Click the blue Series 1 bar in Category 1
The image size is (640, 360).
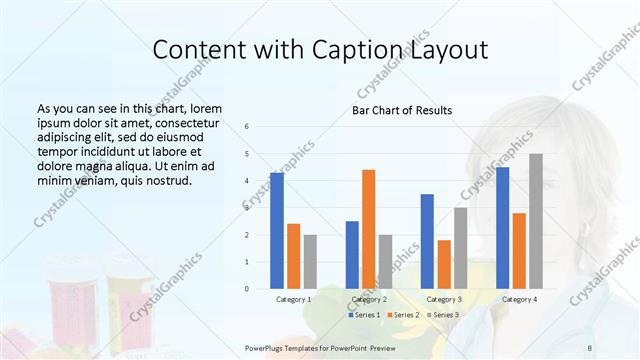click(x=277, y=231)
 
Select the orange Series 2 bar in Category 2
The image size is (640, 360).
click(x=368, y=229)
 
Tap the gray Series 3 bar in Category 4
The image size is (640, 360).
click(x=536, y=221)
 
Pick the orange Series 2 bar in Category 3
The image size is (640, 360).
click(x=444, y=264)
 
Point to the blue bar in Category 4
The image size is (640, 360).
click(x=502, y=228)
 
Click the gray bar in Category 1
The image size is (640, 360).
click(x=310, y=262)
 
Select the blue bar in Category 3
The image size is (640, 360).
click(x=427, y=241)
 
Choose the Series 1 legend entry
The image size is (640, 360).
click(x=365, y=315)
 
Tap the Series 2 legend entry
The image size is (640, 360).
click(x=402, y=315)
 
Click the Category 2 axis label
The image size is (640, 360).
click(x=369, y=299)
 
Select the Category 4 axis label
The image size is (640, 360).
click(x=519, y=299)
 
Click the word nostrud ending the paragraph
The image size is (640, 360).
click(x=168, y=181)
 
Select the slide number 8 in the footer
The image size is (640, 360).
click(x=590, y=346)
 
